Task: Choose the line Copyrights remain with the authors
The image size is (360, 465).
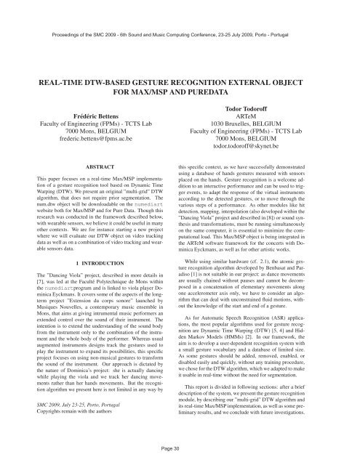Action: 68,431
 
